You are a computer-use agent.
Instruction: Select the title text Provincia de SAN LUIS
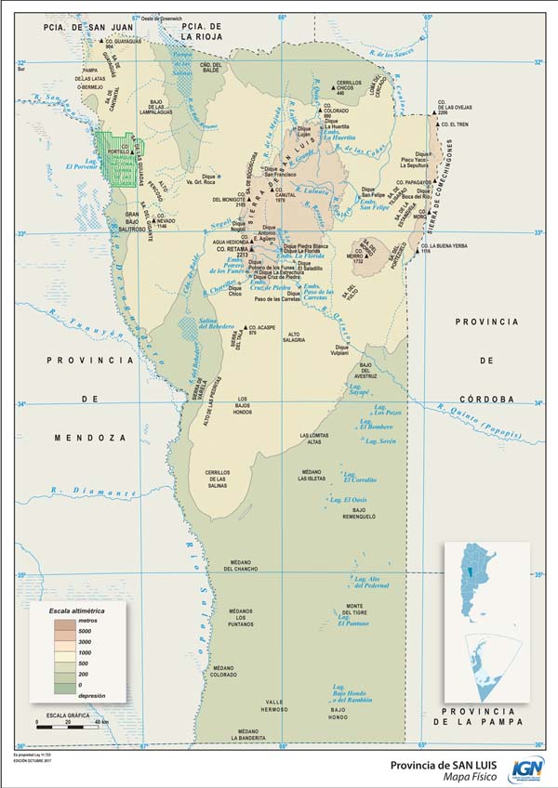coord(436,763)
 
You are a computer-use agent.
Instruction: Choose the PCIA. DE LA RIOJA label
coord(202,32)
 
